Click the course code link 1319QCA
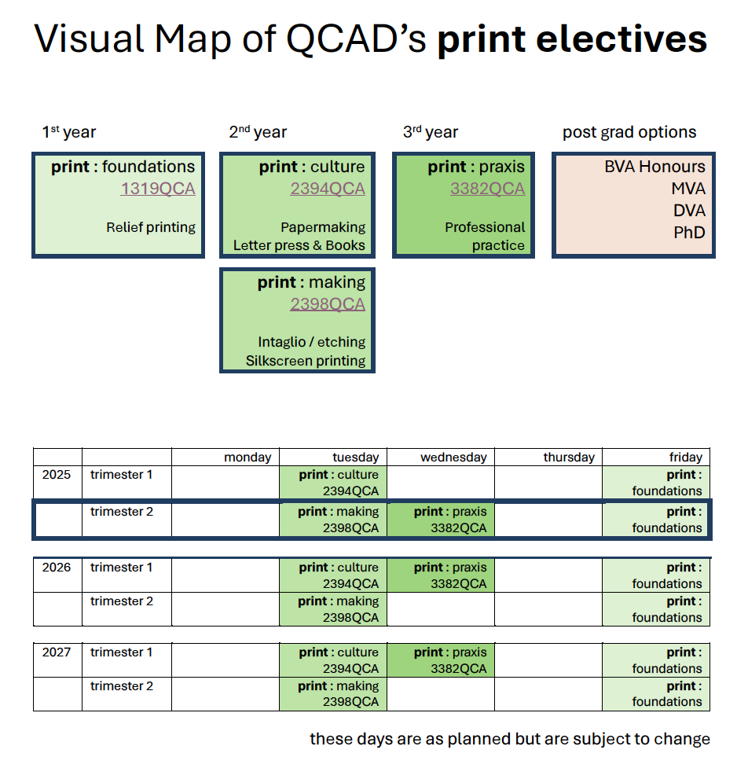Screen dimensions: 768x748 pos(157,189)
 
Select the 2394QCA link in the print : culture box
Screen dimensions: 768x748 pos(327,189)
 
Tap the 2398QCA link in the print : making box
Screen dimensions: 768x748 pos(327,304)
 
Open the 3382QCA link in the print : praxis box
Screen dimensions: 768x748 pos(487,189)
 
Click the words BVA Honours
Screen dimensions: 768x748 pos(654,167)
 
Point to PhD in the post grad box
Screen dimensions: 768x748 pos(689,233)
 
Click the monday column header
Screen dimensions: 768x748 pos(247,457)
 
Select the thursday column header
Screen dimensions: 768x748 pos(569,457)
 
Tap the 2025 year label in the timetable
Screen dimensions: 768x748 pos(56,475)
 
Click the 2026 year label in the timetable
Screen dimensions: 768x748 pos(56,568)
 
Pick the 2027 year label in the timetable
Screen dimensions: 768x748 pos(56,652)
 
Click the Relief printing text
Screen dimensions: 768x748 pos(151,227)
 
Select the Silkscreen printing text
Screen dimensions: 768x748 pos(305,361)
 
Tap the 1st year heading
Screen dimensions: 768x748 pos(69,133)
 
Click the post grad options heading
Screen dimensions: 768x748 pos(629,132)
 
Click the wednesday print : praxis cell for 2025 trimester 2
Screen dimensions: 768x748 pos(441,520)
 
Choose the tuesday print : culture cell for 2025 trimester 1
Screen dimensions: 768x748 pos(333,483)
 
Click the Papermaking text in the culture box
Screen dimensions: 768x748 pos(322,227)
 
